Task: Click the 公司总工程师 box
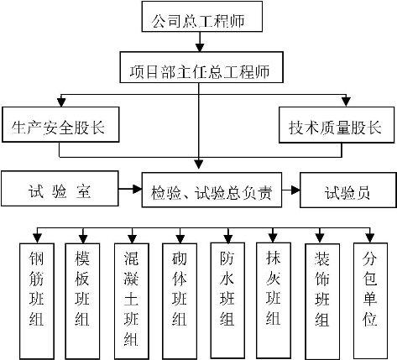pos(202,16)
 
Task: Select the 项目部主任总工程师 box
pos(201,67)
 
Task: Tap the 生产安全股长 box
pos(60,124)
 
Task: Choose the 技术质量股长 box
pos(337,125)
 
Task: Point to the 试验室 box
pos(60,189)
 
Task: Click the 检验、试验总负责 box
pos(212,190)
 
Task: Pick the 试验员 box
pos(348,190)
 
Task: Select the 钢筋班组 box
pos(37,301)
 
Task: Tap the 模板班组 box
pos(82,301)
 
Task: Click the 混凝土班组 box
pos(132,301)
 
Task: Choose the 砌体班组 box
pos(180,301)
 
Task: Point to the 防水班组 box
pos(227,300)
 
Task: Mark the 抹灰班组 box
pos(274,300)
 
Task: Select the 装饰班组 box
pos(322,301)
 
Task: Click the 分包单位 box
pos(370,300)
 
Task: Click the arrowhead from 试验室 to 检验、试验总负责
pos(137,189)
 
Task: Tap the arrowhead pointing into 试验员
pos(295,190)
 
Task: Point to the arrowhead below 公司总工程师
pos(199,47)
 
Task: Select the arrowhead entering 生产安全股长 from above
pos(61,102)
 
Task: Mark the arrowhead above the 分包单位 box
pos(370,238)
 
